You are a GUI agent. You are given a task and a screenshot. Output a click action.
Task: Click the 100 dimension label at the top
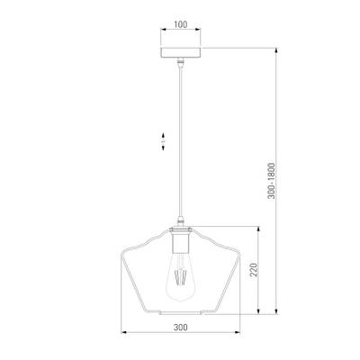181,24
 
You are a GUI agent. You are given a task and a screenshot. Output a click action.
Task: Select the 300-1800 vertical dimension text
271,181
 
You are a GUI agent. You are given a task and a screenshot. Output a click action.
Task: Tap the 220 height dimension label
254,270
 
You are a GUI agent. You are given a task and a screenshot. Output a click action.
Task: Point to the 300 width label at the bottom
181,327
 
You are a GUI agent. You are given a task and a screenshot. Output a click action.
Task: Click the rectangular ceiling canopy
181,52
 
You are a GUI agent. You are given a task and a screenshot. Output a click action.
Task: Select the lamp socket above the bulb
181,240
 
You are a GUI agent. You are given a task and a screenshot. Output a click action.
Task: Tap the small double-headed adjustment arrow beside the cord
163,141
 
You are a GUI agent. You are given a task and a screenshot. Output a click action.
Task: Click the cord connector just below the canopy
180,62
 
